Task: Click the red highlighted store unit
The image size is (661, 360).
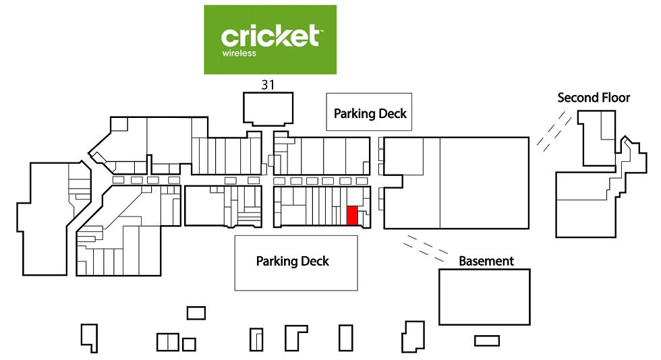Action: (352, 216)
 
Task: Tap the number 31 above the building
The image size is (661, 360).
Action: (268, 85)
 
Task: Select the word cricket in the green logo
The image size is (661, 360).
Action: (270, 36)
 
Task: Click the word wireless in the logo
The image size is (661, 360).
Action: (239, 53)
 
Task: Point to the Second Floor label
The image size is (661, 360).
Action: (594, 98)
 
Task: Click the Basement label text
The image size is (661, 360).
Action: (486, 261)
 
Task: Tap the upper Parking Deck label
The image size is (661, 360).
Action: (370, 113)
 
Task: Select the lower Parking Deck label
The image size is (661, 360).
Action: (293, 262)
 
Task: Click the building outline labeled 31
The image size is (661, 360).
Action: (268, 93)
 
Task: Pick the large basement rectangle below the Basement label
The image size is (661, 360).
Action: (484, 297)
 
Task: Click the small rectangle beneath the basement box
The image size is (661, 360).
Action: (487, 340)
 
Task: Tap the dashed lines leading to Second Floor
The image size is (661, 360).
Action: (554, 131)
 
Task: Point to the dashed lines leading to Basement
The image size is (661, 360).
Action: (426, 248)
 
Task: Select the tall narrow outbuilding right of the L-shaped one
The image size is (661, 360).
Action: (345, 338)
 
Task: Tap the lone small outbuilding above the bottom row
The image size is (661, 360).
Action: (196, 313)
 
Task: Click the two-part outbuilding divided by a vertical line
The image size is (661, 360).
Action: (168, 342)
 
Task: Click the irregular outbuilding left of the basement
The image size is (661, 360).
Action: (413, 336)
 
